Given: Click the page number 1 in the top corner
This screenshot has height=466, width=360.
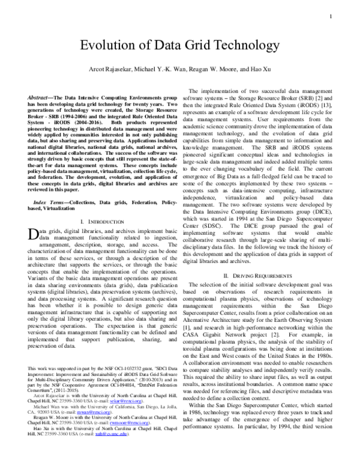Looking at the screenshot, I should point(331,17).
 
